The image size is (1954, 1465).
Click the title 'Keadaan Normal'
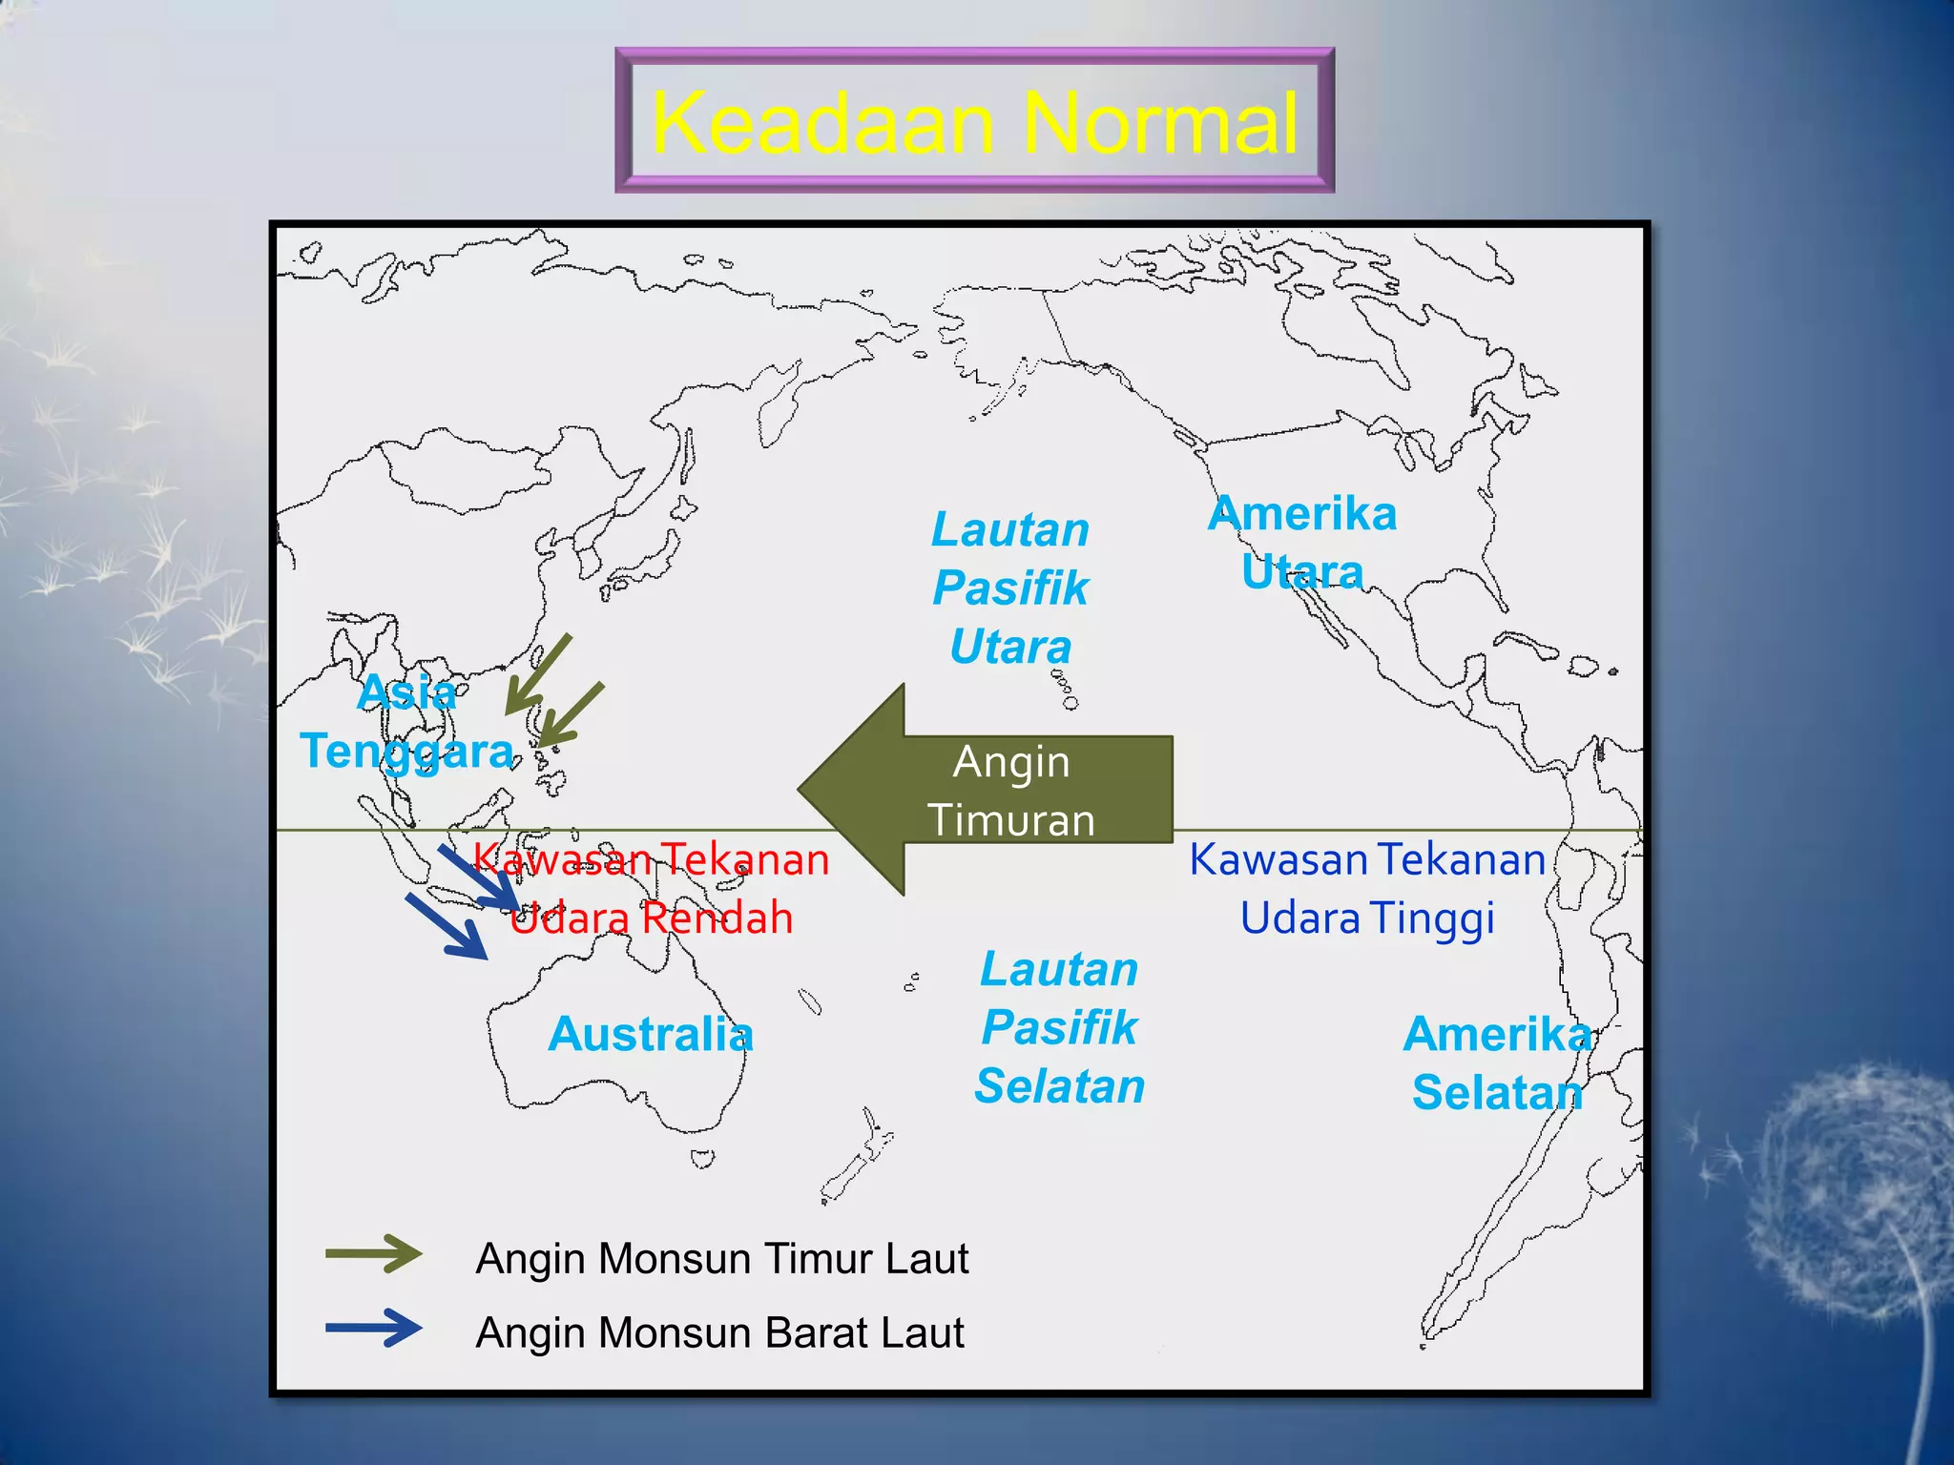(974, 122)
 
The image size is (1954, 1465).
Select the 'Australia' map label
(651, 1034)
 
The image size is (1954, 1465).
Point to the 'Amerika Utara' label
(1302, 543)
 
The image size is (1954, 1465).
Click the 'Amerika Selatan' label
(1497, 1063)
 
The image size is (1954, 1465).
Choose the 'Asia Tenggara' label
(407, 722)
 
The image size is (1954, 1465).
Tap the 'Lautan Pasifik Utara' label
(1010, 588)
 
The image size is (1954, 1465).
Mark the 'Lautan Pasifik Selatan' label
(1060, 1028)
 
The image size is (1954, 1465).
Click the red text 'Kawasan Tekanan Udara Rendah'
(652, 888)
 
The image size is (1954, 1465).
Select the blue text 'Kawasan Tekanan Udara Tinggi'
(1367, 888)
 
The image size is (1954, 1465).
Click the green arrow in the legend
(374, 1253)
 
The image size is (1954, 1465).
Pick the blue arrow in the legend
(374, 1328)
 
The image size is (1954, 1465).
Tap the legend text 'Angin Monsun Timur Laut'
(722, 1258)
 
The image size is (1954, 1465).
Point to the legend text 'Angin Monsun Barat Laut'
(719, 1332)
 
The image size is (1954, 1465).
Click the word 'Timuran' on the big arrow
(1011, 820)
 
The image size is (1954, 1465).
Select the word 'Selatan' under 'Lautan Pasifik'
(1060, 1086)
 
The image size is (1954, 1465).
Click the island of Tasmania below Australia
(702, 1159)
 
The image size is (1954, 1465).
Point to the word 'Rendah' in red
(717, 918)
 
